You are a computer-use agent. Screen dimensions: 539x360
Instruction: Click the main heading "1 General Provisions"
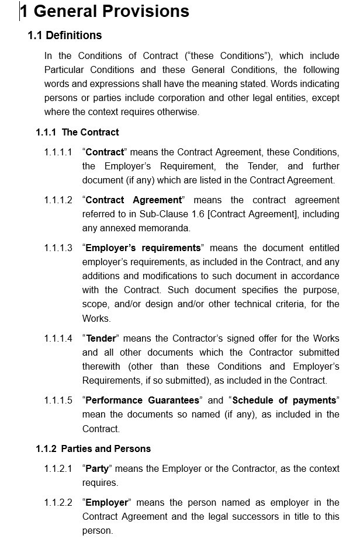click(x=105, y=11)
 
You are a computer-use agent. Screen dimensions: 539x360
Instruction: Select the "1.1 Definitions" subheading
click(x=65, y=36)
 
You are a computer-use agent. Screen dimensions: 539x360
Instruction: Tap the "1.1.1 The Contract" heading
click(x=77, y=133)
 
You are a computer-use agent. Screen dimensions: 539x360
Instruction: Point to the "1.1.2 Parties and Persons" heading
click(x=93, y=449)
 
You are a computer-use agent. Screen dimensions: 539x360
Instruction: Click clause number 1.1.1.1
click(x=58, y=152)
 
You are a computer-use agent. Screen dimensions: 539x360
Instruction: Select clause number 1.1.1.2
click(x=58, y=200)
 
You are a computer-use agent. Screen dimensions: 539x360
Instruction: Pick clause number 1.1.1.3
click(x=58, y=248)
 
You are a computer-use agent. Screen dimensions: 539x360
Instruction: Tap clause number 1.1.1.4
click(x=58, y=339)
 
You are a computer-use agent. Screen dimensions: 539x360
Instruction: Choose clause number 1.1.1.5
click(x=58, y=401)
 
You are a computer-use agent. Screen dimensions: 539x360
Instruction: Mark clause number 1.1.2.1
click(x=58, y=469)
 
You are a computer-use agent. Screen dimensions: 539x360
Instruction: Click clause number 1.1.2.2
click(x=58, y=503)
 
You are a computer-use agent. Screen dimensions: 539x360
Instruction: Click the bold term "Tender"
click(x=101, y=339)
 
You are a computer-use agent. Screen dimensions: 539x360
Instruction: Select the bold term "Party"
click(x=98, y=469)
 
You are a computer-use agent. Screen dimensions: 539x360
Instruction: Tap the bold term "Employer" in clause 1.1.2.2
click(x=107, y=503)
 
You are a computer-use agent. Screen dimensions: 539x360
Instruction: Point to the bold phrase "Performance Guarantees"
click(x=143, y=401)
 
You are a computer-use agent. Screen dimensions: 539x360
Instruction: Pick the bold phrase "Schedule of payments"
click(x=285, y=401)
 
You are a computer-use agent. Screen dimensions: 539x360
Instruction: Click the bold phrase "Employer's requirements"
click(x=143, y=248)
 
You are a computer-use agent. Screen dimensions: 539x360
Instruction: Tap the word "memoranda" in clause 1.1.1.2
click(x=170, y=228)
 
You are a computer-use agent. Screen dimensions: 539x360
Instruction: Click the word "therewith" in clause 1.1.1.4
click(x=101, y=367)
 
